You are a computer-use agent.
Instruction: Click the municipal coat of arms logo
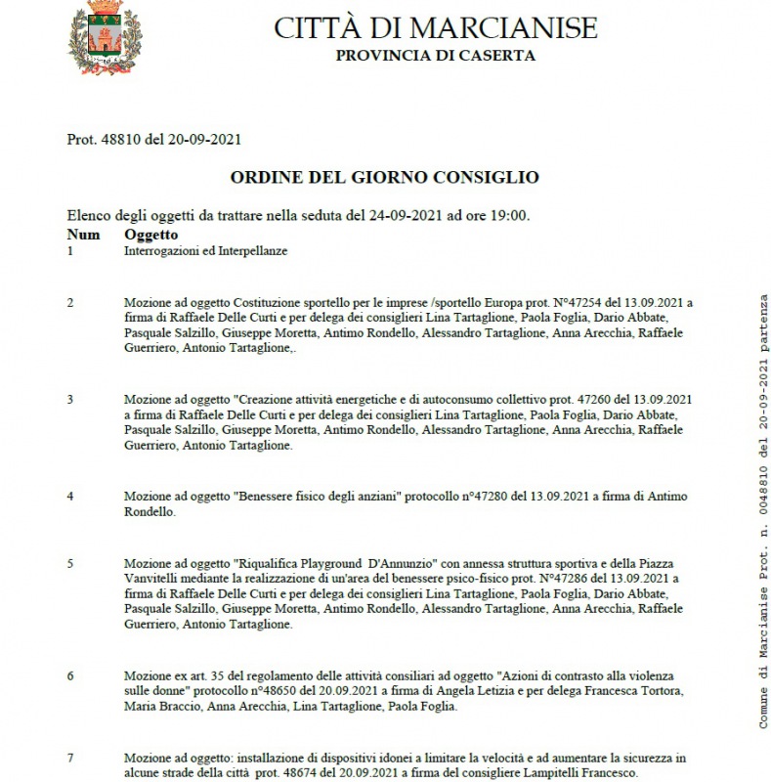tap(103, 38)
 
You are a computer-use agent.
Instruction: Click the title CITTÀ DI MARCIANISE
tap(435, 27)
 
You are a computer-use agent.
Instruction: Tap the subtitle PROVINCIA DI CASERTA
tap(435, 56)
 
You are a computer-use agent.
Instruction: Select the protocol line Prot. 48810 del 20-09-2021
tap(154, 140)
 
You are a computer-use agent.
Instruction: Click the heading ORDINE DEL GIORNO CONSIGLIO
tap(384, 177)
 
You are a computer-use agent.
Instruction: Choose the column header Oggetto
tap(150, 235)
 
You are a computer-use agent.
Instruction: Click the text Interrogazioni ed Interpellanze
tap(205, 251)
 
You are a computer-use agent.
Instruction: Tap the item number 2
tap(70, 302)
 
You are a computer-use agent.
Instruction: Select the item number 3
tap(70, 399)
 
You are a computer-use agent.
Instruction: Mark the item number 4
tap(70, 497)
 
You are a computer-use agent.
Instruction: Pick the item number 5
tap(70, 563)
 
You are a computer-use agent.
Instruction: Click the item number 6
tap(70, 675)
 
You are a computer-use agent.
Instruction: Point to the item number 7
tap(70, 758)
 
